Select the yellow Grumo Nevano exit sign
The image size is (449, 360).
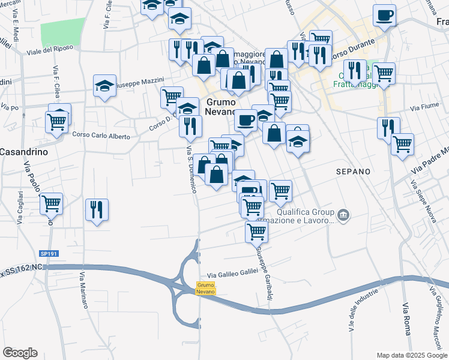pos(206,288)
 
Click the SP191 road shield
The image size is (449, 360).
pos(49,254)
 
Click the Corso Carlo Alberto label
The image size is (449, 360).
pos(101,136)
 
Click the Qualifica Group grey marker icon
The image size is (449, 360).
pos(343,214)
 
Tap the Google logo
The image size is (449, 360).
pos(20,353)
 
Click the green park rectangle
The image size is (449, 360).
pos(63,31)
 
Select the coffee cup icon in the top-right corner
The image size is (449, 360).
pos(384,15)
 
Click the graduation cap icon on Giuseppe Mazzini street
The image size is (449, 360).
pos(105,85)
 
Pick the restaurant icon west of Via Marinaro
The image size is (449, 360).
pos(97,209)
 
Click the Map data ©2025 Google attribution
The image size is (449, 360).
pos(411,355)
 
